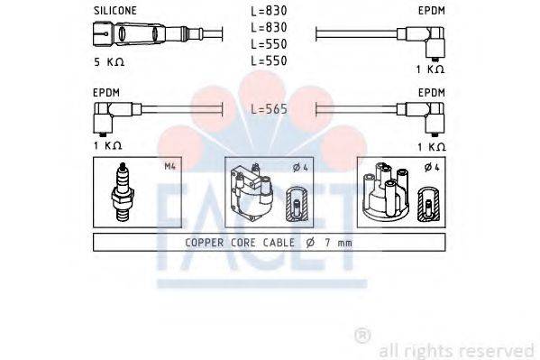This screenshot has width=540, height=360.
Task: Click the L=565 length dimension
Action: tap(269, 108)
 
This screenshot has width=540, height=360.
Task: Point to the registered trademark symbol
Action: tap(362, 336)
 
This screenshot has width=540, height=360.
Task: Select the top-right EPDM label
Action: tap(432, 10)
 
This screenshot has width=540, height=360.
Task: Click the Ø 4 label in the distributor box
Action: tap(430, 166)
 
